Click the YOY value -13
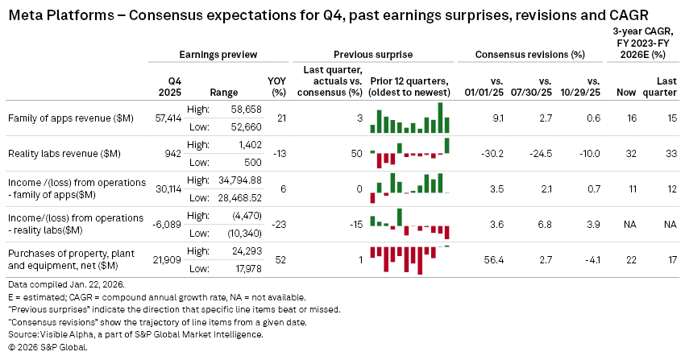coord(280,154)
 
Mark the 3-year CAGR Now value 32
coord(631,154)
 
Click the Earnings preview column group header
coord(218,54)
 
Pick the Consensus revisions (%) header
coord(529,54)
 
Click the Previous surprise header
coord(372,54)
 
